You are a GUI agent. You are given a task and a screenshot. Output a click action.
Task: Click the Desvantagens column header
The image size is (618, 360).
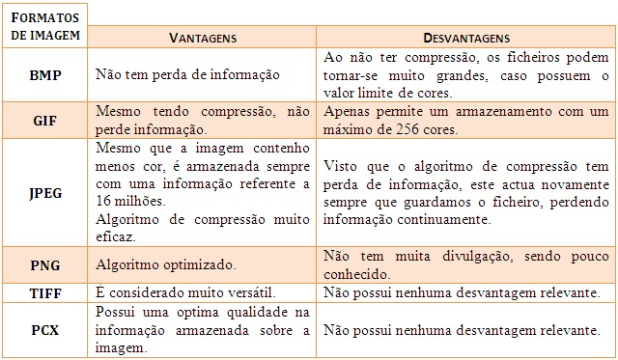coord(466,38)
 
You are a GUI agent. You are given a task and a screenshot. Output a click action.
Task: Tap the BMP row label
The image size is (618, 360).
coord(44,74)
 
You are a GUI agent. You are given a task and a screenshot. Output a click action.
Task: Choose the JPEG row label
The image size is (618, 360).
coord(44,192)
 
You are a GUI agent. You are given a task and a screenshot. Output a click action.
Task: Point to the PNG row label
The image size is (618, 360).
coord(44,263)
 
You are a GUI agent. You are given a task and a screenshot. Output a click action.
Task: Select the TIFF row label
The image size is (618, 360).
coord(44,292)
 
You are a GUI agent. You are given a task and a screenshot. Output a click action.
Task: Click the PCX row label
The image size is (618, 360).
coord(44,328)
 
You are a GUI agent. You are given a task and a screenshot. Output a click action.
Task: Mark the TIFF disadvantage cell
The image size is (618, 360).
coord(462,292)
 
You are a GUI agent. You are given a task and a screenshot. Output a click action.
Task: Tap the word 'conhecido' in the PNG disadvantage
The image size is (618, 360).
coord(353,272)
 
